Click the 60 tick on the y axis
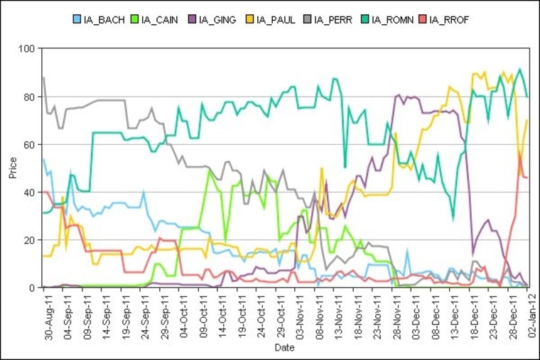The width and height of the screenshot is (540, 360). tap(31, 145)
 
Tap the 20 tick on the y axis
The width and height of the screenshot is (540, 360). tap(31, 241)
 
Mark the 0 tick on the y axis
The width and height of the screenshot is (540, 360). tap(33, 288)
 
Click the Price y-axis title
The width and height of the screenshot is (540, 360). tap(13, 168)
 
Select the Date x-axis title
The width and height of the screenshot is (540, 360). tap(284, 348)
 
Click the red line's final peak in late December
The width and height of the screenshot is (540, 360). tap(521, 156)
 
